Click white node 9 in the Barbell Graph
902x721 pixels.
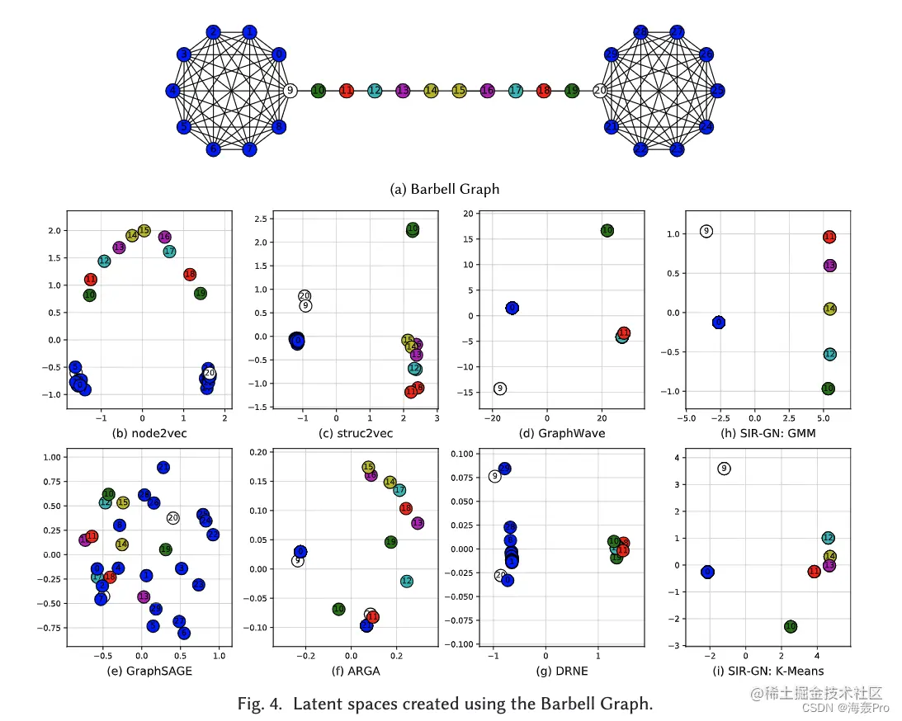[289, 91]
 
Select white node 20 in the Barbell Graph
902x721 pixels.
[600, 91]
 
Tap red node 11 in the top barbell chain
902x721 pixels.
[347, 91]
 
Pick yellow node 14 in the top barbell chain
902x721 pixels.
[431, 91]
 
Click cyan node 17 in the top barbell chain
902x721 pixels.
[516, 91]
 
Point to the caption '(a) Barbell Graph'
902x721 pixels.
[444, 189]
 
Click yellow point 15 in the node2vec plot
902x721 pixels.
[144, 231]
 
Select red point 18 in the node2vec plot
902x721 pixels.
[190, 274]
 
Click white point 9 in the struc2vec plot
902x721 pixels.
[305, 306]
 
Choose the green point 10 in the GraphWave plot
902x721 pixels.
[607, 231]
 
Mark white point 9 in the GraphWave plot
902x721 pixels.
[499, 388]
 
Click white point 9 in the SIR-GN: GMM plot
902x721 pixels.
[706, 231]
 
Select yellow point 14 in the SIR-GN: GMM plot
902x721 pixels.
[829, 309]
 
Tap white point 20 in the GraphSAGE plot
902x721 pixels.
[172, 517]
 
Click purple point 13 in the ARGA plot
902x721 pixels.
[417, 523]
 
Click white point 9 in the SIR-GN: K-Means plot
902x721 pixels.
[724, 469]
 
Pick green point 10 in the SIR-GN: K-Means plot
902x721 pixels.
[790, 627]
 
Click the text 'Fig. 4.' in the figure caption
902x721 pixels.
[261, 704]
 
